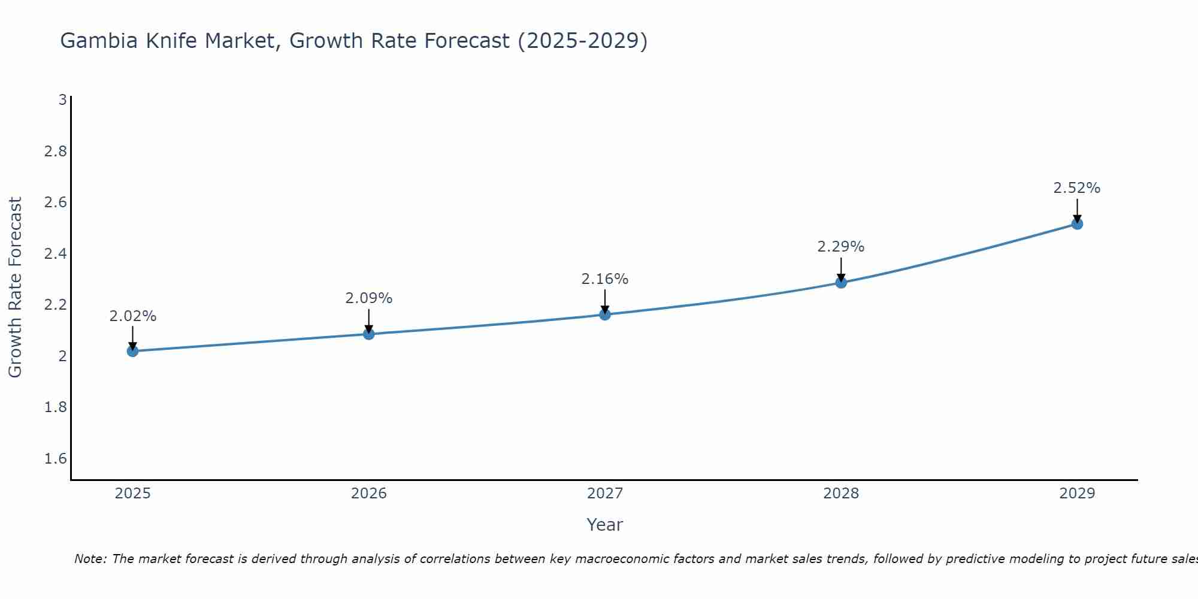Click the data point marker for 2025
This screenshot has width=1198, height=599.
tap(132, 351)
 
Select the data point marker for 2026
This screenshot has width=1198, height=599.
tap(369, 334)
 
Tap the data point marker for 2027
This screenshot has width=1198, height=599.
tap(605, 314)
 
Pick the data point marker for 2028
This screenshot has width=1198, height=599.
tap(841, 282)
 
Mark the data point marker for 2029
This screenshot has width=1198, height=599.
tap(1077, 224)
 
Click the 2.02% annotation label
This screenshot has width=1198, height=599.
tap(132, 316)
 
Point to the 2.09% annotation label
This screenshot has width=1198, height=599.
tap(369, 298)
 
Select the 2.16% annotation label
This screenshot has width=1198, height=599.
tap(605, 279)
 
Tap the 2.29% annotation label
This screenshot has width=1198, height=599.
tap(841, 247)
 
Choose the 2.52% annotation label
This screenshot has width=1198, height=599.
tap(1077, 188)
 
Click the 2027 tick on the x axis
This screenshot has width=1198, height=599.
tap(605, 494)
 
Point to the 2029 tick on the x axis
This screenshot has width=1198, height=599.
tap(1077, 494)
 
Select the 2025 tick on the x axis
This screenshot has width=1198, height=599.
tap(132, 494)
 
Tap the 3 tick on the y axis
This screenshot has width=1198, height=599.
tap(62, 100)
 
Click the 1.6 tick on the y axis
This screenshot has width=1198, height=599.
tap(56, 459)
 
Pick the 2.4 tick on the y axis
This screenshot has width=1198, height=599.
tap(56, 254)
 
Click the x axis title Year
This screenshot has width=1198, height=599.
tap(605, 525)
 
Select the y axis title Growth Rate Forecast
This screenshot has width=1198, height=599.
tap(15, 288)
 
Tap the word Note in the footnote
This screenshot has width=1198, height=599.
tap(90, 559)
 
